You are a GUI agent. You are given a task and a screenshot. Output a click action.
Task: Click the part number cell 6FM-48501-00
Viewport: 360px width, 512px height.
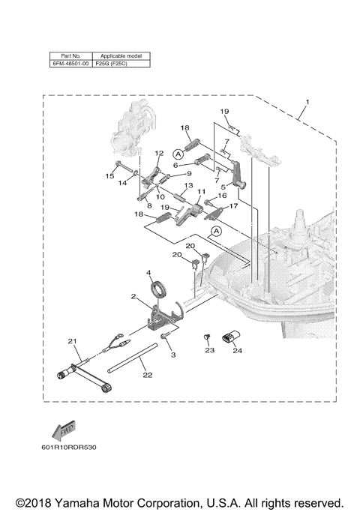(x=70, y=64)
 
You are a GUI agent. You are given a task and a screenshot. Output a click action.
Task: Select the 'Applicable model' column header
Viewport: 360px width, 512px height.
(x=120, y=56)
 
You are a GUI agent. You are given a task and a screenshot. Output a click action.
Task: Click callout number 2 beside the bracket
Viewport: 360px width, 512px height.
(x=133, y=298)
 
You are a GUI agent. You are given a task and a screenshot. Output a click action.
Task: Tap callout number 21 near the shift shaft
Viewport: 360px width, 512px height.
(x=73, y=342)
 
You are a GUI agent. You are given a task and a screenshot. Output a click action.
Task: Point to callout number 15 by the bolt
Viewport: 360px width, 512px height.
(x=109, y=176)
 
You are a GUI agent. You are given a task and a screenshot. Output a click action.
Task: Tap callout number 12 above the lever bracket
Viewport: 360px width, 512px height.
(x=159, y=153)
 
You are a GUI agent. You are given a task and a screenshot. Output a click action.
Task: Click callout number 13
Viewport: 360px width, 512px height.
(x=188, y=185)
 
